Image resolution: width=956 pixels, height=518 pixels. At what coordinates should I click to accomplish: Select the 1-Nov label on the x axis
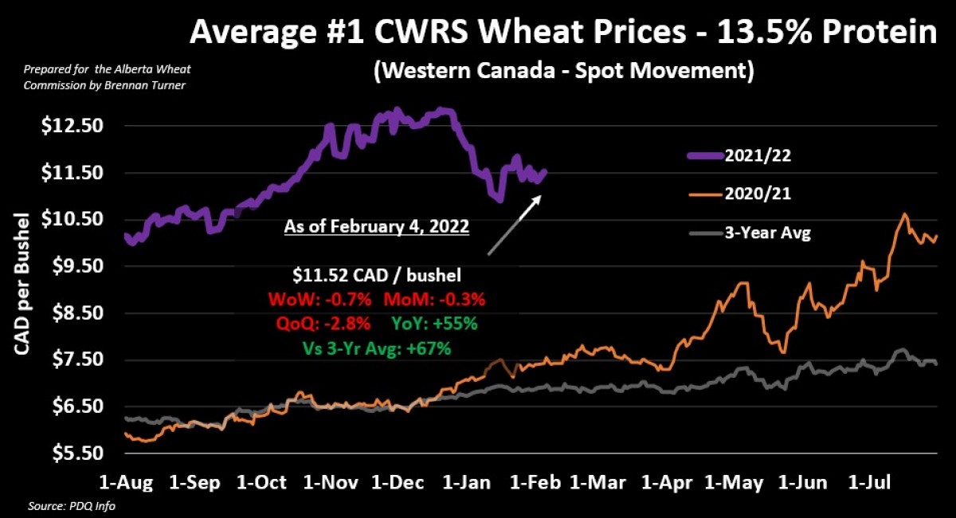pyautogui.click(x=331, y=483)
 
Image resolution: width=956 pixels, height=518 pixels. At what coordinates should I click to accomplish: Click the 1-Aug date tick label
pyautogui.click(x=126, y=483)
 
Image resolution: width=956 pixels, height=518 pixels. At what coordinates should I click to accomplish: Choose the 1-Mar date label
pyautogui.click(x=598, y=483)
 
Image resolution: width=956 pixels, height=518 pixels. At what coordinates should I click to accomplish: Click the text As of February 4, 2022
pyautogui.click(x=376, y=227)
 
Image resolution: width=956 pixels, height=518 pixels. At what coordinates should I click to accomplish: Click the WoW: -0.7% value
pyautogui.click(x=320, y=300)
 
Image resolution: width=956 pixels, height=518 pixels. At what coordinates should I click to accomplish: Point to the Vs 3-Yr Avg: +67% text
pyautogui.click(x=377, y=347)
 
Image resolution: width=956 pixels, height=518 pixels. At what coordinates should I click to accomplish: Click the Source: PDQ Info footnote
pyautogui.click(x=61, y=506)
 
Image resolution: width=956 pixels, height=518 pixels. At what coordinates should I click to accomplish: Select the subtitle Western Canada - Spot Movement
pyautogui.click(x=563, y=70)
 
